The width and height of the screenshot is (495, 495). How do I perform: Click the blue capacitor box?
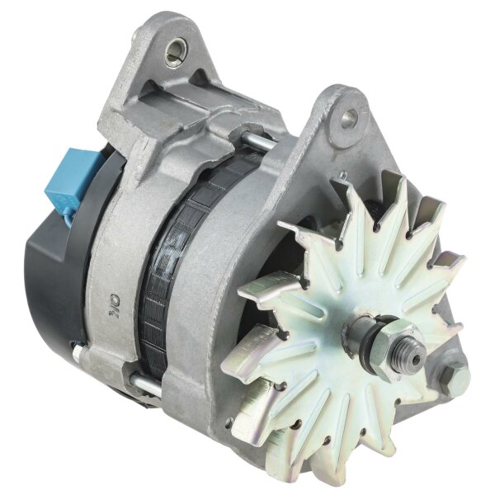[72, 177]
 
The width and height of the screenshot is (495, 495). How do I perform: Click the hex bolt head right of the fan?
[451, 379]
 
